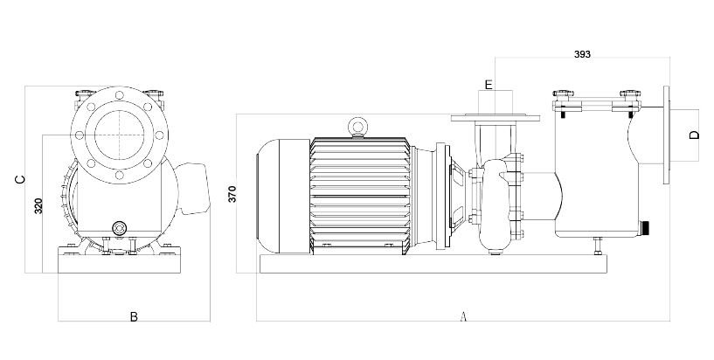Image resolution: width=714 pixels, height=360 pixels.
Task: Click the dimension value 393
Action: coord(583,54)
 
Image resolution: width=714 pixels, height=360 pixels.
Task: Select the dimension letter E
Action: coord(489,85)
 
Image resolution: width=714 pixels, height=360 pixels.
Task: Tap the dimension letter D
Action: coord(693,135)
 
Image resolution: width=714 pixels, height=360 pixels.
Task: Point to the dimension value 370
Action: coord(232,194)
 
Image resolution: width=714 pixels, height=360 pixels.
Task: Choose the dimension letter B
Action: coord(134,316)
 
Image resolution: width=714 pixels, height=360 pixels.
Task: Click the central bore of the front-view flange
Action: coord(117,134)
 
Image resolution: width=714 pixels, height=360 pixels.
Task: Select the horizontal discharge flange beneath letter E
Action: coord(489,118)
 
